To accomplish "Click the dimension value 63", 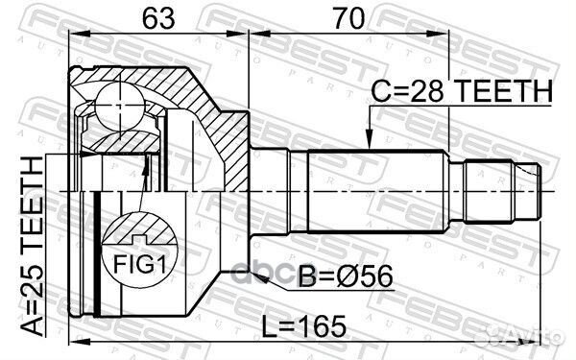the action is tap(158, 18).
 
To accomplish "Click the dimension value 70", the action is tap(349, 18).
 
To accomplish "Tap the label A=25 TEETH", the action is tap(32, 246).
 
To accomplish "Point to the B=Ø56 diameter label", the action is tap(346, 276).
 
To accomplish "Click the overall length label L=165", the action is tap(303, 326).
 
